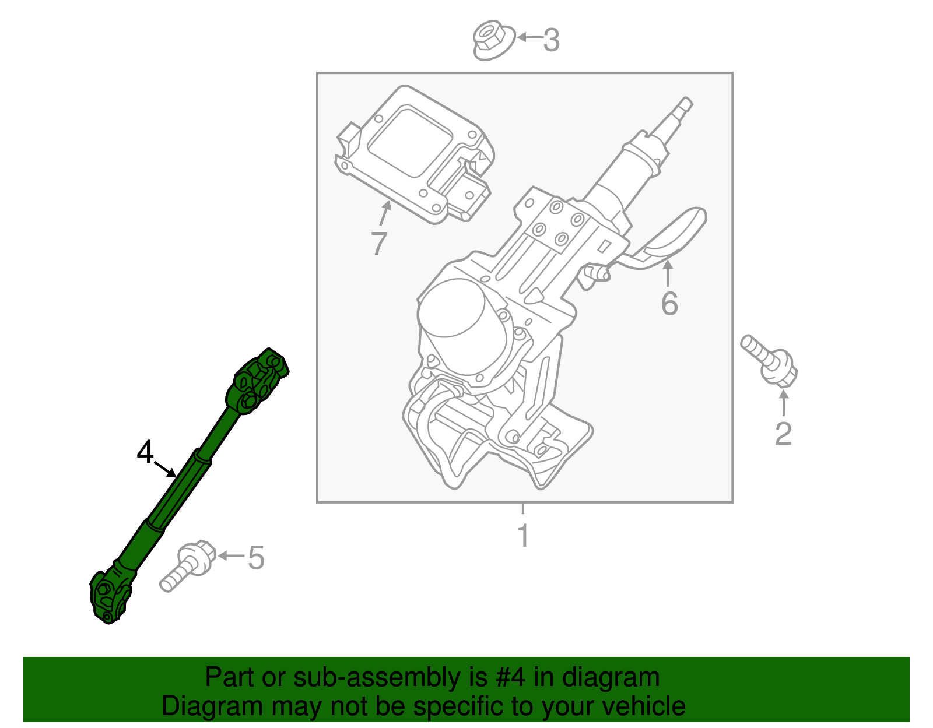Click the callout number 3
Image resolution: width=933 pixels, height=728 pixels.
tap(552, 40)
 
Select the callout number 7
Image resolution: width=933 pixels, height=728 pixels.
tap(379, 244)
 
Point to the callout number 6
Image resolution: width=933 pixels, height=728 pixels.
tap(669, 304)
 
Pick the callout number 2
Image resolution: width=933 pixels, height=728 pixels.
tap(783, 434)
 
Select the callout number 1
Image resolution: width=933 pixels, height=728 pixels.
tap(523, 536)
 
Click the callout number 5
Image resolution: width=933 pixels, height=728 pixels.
tap(257, 558)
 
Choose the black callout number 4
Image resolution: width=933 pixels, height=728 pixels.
tap(145, 452)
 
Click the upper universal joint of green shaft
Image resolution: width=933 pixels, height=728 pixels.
tap(258, 381)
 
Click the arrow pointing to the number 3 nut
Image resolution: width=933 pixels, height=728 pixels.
tap(529, 38)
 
